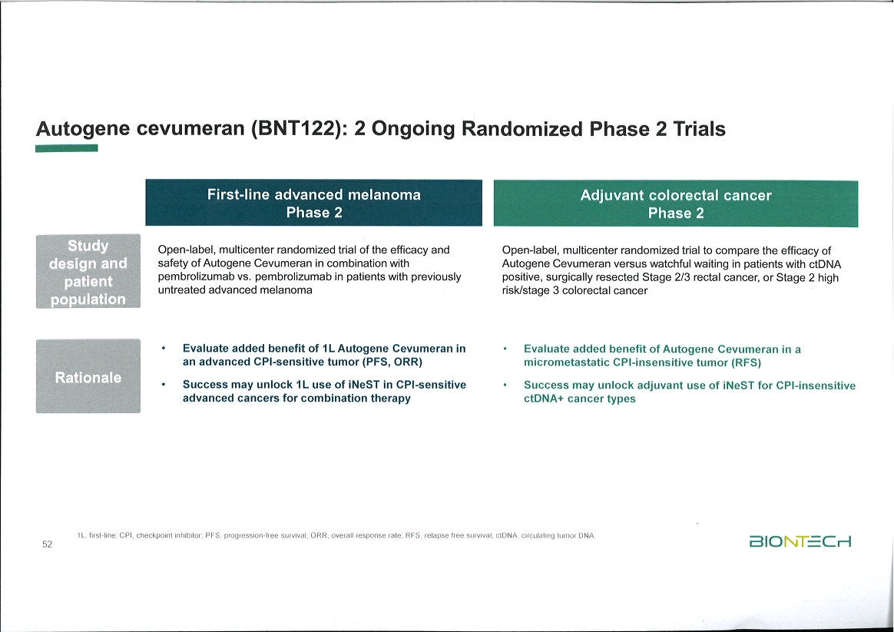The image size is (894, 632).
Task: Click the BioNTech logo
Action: pyautogui.click(x=800, y=541)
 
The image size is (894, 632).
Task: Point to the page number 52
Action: pyautogui.click(x=47, y=544)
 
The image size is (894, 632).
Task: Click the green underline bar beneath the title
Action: pyautogui.click(x=66, y=148)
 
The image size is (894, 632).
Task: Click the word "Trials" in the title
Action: pyautogui.click(x=699, y=129)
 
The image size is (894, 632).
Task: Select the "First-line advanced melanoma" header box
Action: pyautogui.click(x=313, y=203)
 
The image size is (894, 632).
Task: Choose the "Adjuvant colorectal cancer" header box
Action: pyautogui.click(x=675, y=204)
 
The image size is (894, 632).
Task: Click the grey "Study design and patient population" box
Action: pyautogui.click(x=88, y=272)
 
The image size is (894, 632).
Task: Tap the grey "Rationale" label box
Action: pyautogui.click(x=88, y=377)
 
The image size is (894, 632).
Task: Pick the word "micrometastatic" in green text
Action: pyautogui.click(x=561, y=362)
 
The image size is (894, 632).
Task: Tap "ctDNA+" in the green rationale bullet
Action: pyautogui.click(x=545, y=399)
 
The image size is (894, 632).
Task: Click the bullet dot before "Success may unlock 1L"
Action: pyautogui.click(x=164, y=384)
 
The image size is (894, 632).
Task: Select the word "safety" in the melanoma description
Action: pyautogui.click(x=173, y=263)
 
